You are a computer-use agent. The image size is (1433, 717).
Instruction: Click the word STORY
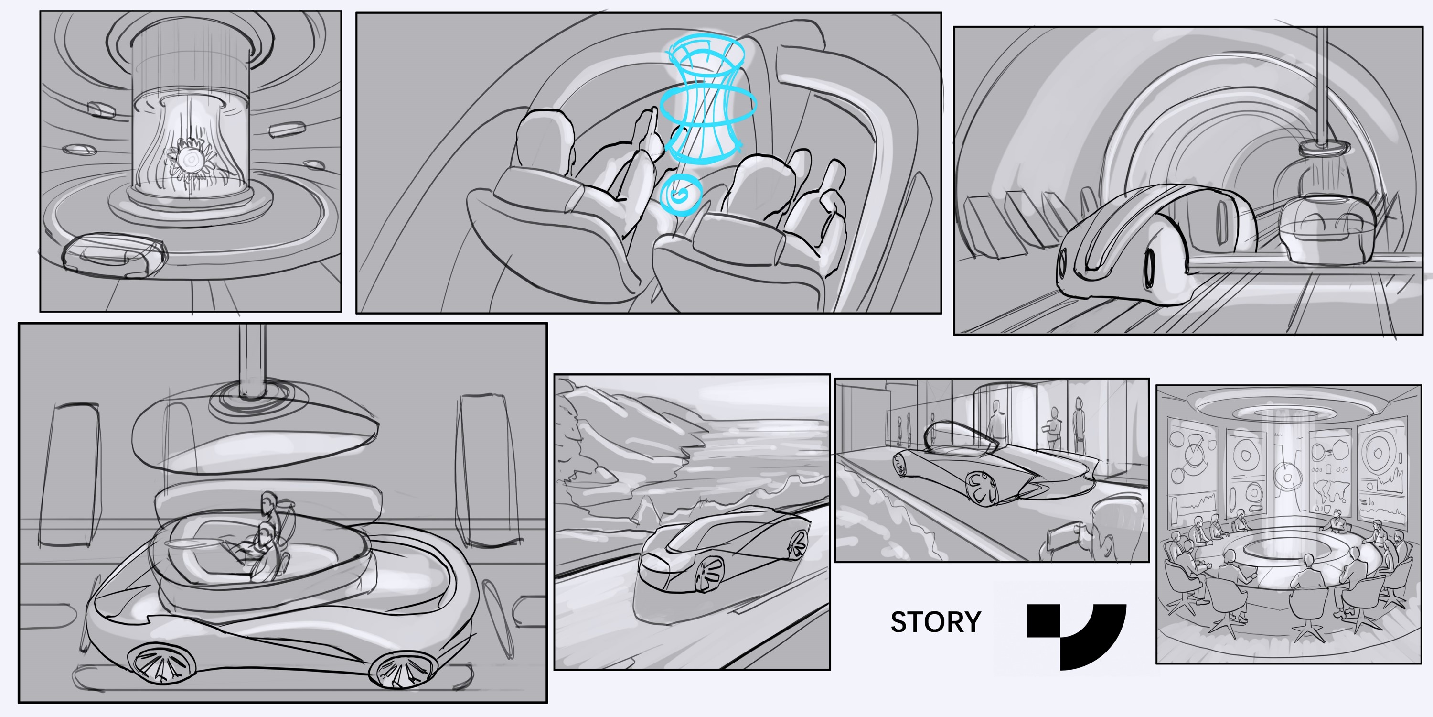point(936,622)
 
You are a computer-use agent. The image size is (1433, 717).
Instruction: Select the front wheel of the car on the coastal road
point(709,575)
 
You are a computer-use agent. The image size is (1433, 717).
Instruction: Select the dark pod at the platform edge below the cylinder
point(114,254)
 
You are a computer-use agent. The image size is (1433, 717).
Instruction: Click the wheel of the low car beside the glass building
point(983,487)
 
